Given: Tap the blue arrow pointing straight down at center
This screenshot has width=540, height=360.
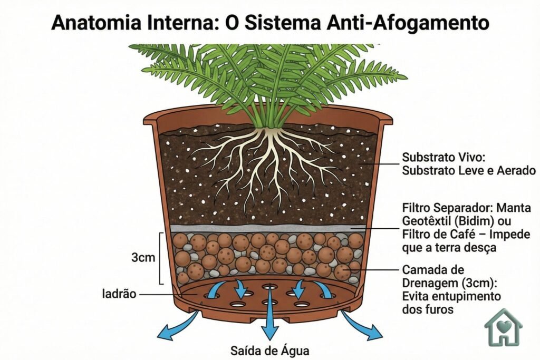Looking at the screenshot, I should pyautogui.click(x=270, y=322).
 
